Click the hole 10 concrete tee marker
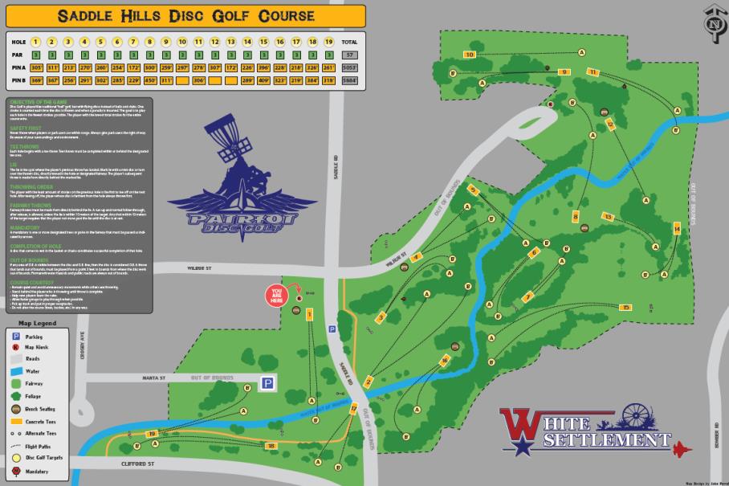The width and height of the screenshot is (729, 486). point(470,55)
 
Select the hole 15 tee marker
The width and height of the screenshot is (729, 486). point(610,124)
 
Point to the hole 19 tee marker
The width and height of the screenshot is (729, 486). point(152,434)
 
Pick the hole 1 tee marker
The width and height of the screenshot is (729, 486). point(309,315)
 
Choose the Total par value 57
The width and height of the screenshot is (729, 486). point(349,55)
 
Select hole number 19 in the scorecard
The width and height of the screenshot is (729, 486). point(328,42)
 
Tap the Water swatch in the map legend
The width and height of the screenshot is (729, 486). point(16,372)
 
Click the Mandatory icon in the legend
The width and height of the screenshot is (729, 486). point(16,471)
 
